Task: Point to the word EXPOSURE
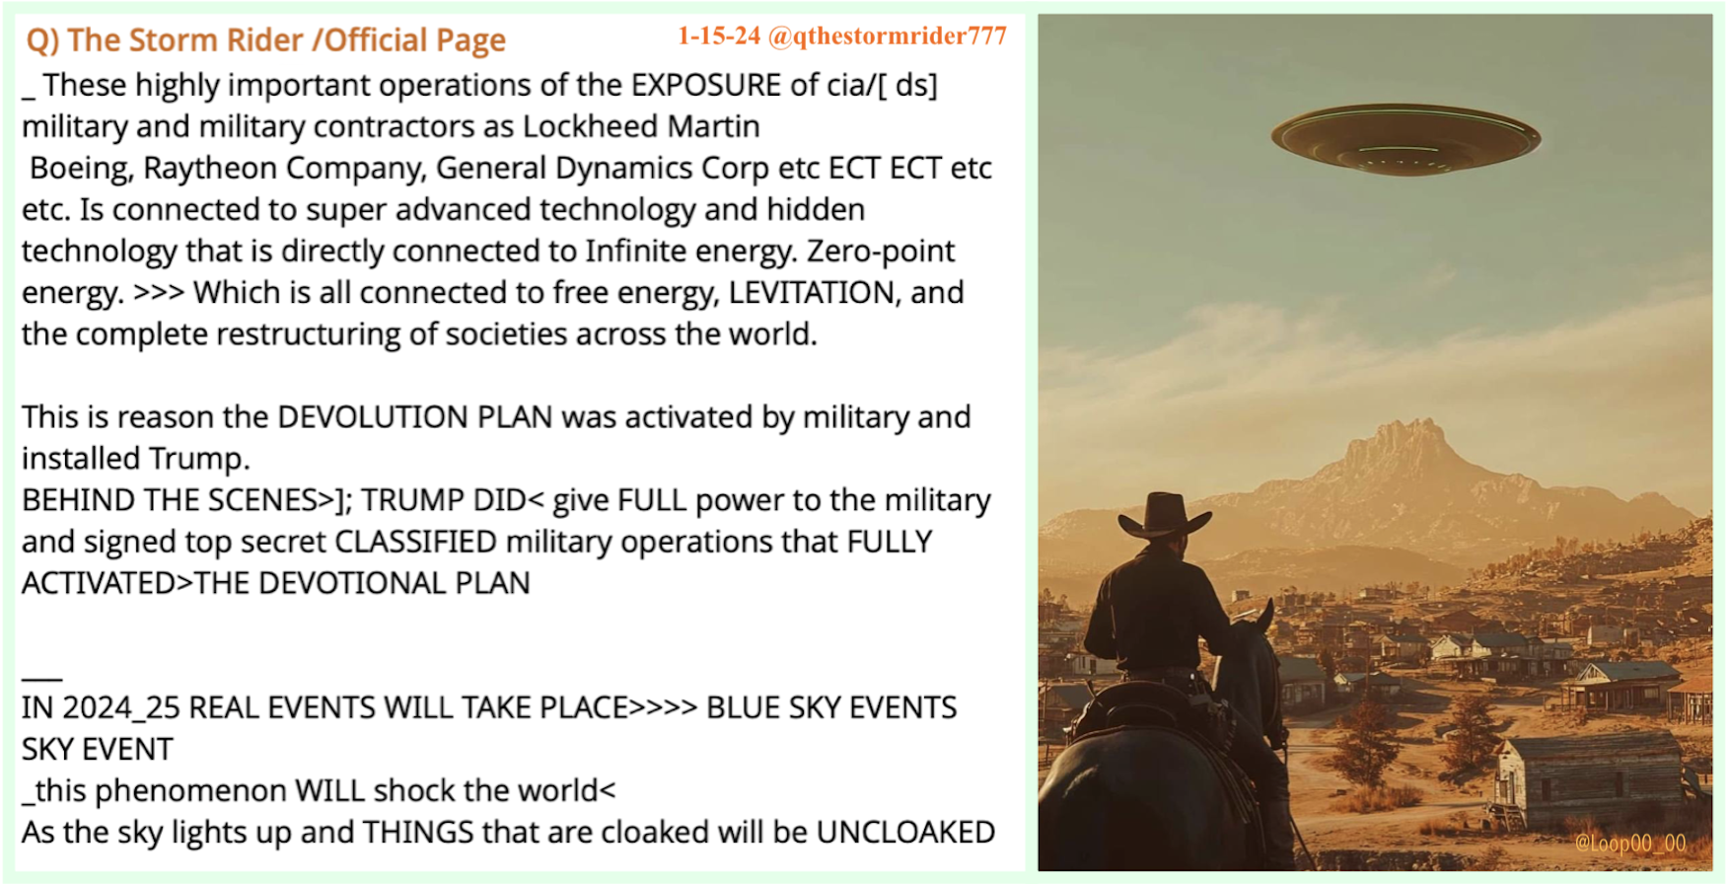[706, 85]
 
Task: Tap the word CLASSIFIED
[416, 542]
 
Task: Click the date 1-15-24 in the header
[719, 37]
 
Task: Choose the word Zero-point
[881, 252]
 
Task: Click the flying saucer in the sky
[1405, 140]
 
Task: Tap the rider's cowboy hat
[1165, 514]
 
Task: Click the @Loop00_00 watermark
[1630, 844]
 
